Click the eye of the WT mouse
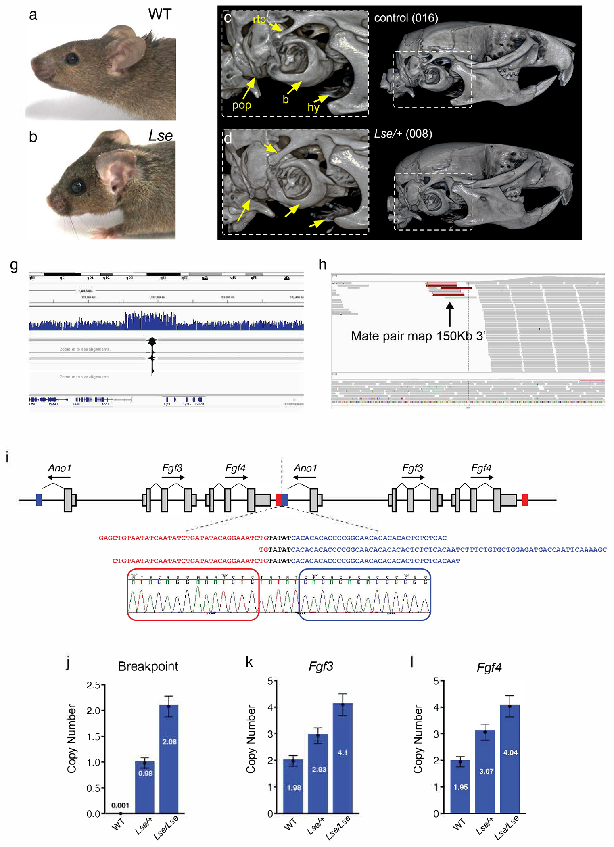point(72,59)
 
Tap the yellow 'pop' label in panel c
point(242,105)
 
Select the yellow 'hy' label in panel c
point(313,107)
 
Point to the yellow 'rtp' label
point(259,19)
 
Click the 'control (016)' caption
point(406,18)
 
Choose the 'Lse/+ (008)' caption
point(403,134)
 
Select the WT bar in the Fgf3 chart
point(293,786)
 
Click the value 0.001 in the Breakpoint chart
point(120,805)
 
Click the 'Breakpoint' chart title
point(148,666)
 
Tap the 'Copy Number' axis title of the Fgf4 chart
point(418,739)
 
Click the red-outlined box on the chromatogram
point(193,594)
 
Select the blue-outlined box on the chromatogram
point(365,594)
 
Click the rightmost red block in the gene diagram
point(524,500)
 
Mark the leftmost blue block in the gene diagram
point(39,500)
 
